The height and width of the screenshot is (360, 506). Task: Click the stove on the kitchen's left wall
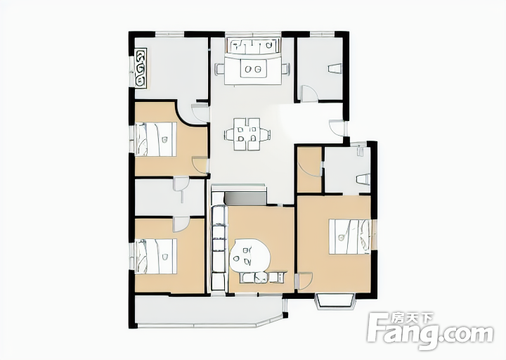coord(141,68)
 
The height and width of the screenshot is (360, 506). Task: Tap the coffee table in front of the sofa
coord(254,70)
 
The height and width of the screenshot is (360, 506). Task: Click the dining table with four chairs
coord(247,134)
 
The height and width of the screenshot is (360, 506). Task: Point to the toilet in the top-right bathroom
coord(335,69)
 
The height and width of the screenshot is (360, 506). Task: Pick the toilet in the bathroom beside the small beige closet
coord(363,180)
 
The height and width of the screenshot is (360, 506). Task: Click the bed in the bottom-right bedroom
coord(350,237)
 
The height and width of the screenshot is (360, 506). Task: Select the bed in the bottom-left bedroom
coord(156,257)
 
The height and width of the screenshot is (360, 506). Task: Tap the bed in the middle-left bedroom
coord(156,139)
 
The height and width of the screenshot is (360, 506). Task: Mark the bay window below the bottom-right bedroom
coord(335,302)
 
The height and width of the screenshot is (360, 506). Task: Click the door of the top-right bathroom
coord(309,93)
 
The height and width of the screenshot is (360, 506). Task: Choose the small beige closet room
coord(309,170)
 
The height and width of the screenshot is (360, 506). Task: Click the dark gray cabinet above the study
coord(245,198)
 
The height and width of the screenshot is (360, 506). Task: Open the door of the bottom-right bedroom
coord(304,281)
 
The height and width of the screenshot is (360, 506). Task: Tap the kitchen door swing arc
coord(200,112)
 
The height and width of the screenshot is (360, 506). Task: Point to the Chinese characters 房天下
coord(413,318)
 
